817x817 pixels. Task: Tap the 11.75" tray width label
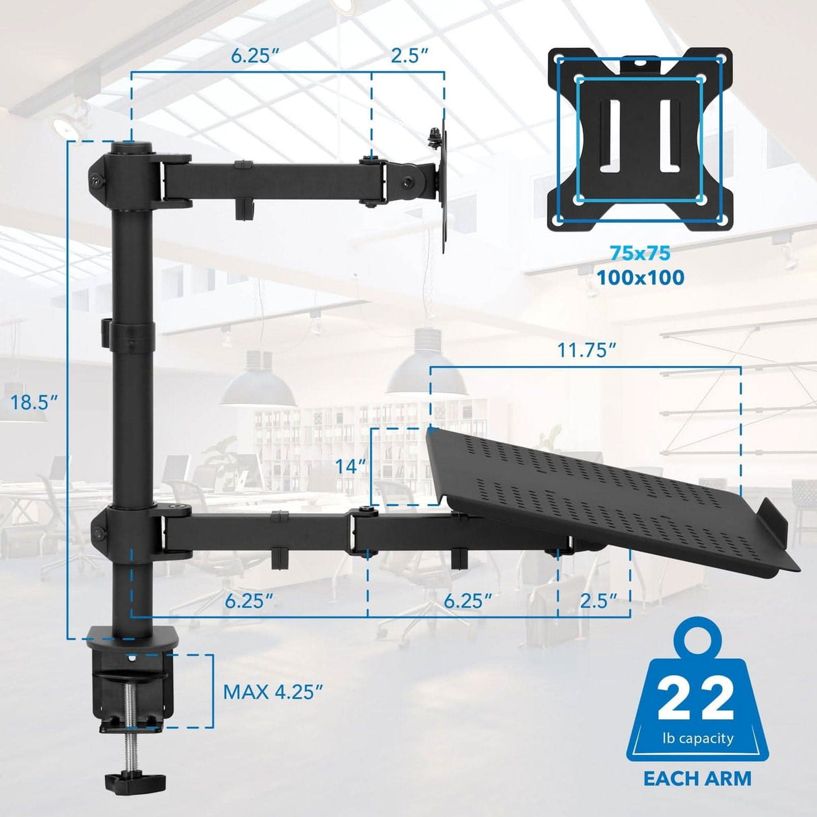pos(586,351)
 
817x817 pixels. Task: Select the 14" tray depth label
pos(351,466)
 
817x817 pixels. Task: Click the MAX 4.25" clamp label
pos(273,691)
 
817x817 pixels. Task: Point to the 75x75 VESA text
pos(640,254)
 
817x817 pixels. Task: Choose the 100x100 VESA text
pos(640,277)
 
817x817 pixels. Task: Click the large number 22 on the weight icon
pos(696,701)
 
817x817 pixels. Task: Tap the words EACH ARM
pos(697,779)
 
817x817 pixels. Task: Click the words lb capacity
pos(697,738)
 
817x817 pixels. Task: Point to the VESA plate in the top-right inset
pos(639,139)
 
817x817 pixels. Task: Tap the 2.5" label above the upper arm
pos(410,56)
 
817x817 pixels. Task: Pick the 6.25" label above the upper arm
pos(255,56)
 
